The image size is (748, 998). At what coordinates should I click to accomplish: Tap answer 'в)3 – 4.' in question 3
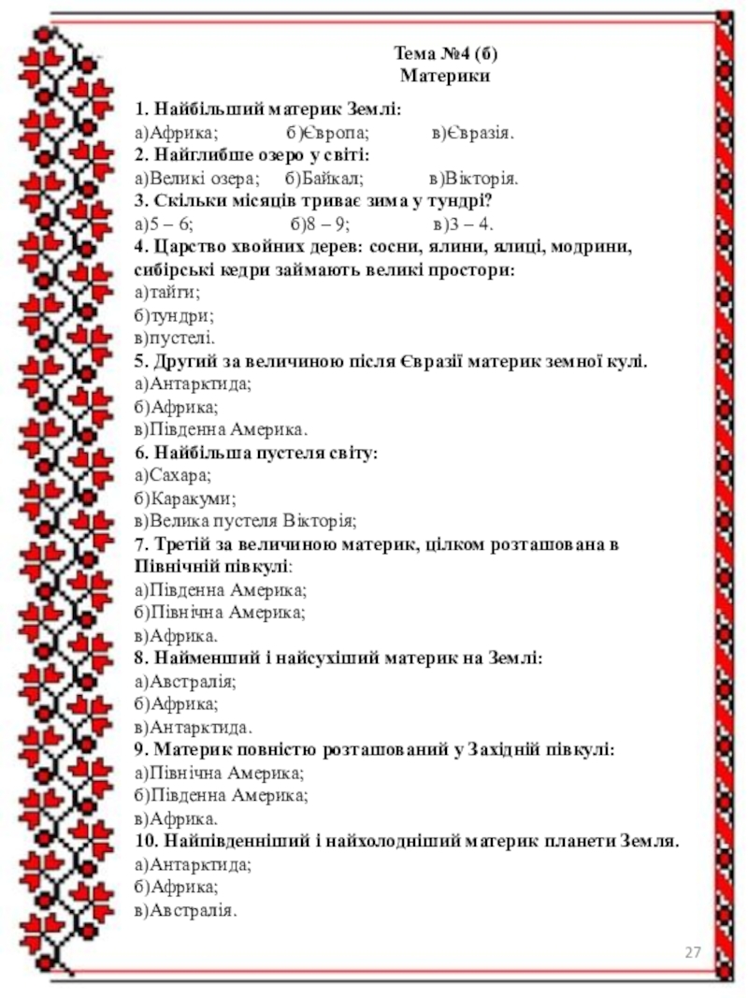465,224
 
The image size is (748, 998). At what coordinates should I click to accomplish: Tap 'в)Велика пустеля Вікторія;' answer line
246,522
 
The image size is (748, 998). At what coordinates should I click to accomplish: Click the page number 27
693,953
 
